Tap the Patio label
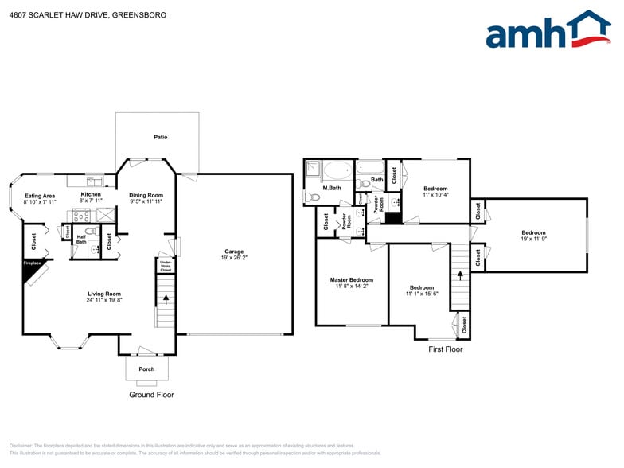161,137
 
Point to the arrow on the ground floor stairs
166,300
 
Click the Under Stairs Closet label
166,266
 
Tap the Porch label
146,369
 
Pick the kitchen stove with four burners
81,215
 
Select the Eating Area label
40,196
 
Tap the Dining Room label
146,195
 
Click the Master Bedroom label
351,280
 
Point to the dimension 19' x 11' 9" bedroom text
533,239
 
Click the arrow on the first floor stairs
459,275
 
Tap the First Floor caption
445,349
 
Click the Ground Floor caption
151,395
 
